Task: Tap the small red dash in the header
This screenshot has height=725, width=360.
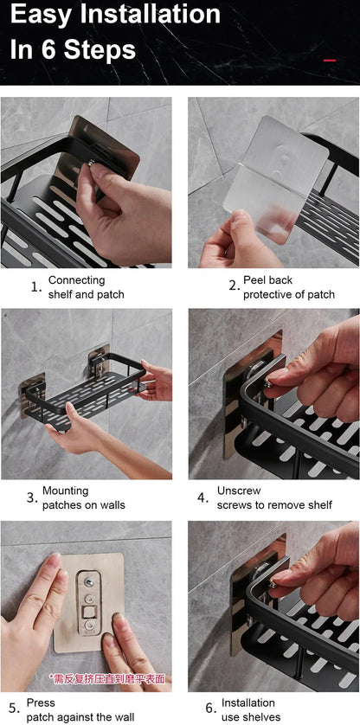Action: [x=329, y=60]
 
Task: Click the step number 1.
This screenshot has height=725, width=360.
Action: [x=35, y=287]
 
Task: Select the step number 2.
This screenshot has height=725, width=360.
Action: [x=233, y=287]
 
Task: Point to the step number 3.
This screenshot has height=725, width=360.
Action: [x=31, y=498]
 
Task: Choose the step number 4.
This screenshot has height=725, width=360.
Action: [x=202, y=498]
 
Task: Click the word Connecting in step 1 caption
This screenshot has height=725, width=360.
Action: [x=76, y=280]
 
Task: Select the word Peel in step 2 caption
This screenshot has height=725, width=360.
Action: [x=256, y=280]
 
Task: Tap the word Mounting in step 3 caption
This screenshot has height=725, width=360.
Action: [x=65, y=491]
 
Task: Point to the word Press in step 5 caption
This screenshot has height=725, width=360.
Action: [x=41, y=703]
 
